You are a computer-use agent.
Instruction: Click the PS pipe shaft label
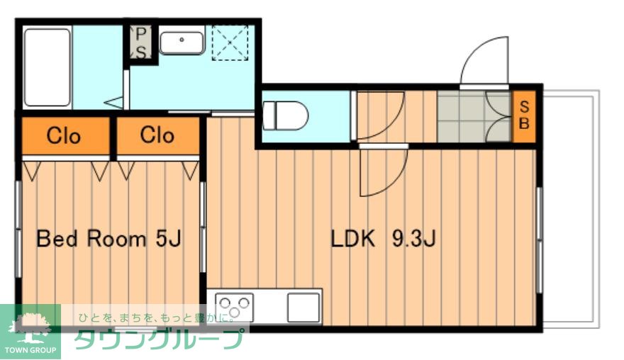(x=141, y=43)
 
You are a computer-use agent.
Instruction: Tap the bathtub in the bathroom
(x=48, y=67)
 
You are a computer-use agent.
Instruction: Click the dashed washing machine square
(x=230, y=43)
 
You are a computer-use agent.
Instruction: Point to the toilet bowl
(x=285, y=116)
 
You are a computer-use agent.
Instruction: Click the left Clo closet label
(x=64, y=136)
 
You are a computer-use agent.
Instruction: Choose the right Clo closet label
(x=157, y=135)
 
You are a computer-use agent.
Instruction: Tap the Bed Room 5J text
(x=108, y=239)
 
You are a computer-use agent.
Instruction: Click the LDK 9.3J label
(x=384, y=239)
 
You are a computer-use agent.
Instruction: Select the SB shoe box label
(x=524, y=116)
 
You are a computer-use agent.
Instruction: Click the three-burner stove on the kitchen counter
(x=235, y=307)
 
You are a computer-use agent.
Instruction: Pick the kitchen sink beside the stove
(x=303, y=308)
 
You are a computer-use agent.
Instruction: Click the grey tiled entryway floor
(x=474, y=116)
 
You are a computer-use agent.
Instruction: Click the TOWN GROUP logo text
(x=30, y=350)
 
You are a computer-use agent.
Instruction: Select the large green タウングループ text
(x=158, y=339)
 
